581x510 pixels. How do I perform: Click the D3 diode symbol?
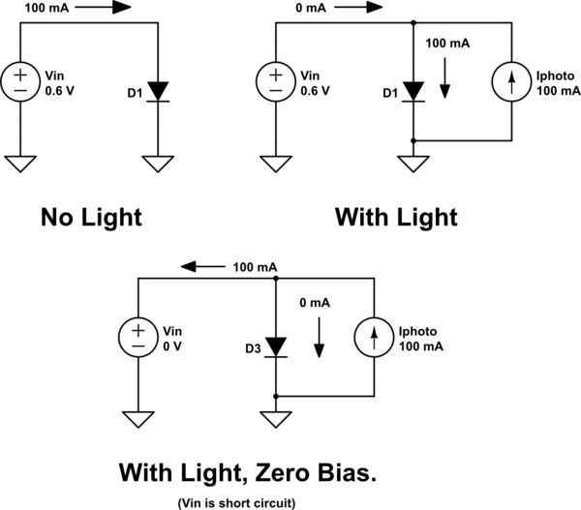(x=277, y=345)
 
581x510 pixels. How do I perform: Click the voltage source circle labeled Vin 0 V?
(x=138, y=337)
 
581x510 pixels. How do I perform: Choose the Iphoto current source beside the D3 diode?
(x=375, y=337)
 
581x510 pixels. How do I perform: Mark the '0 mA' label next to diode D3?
(x=316, y=303)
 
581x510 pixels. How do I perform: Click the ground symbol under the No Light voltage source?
(x=21, y=163)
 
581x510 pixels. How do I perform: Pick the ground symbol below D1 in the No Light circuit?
(x=161, y=163)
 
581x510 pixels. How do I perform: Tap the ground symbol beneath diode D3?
(x=277, y=419)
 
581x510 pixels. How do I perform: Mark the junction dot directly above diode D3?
(x=277, y=278)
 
